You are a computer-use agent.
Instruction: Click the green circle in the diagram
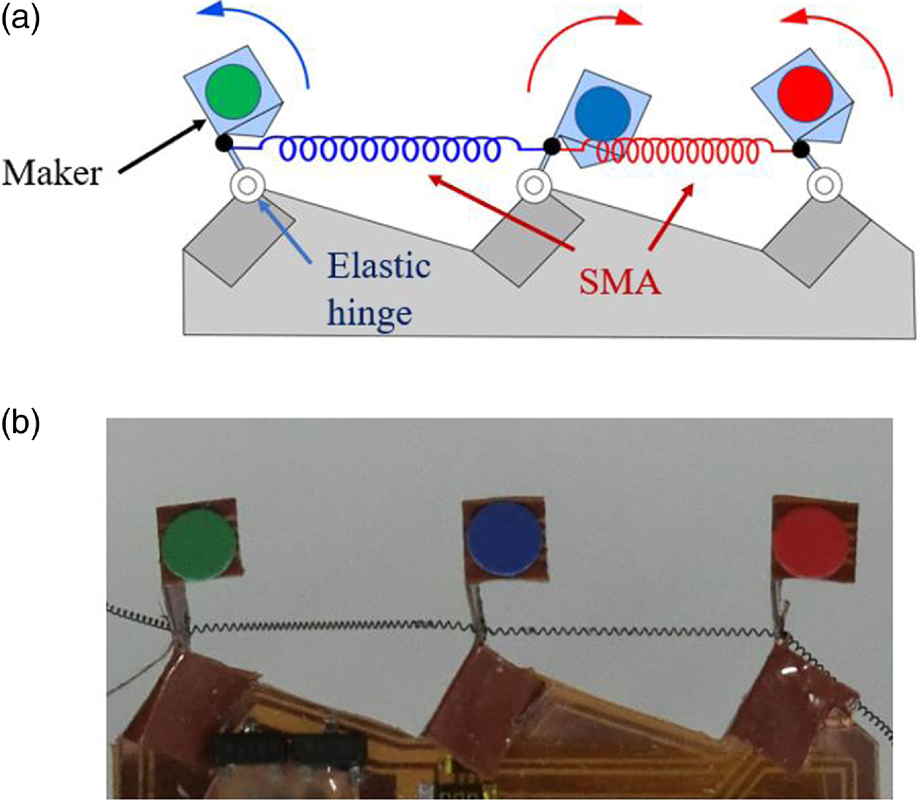point(233,91)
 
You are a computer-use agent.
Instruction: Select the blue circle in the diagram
point(603,113)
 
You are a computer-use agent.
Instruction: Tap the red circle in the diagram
point(805,94)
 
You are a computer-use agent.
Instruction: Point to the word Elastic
point(379,266)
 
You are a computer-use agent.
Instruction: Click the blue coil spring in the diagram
point(389,150)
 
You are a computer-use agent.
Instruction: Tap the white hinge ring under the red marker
point(825,185)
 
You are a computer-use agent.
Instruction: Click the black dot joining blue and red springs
point(551,146)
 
